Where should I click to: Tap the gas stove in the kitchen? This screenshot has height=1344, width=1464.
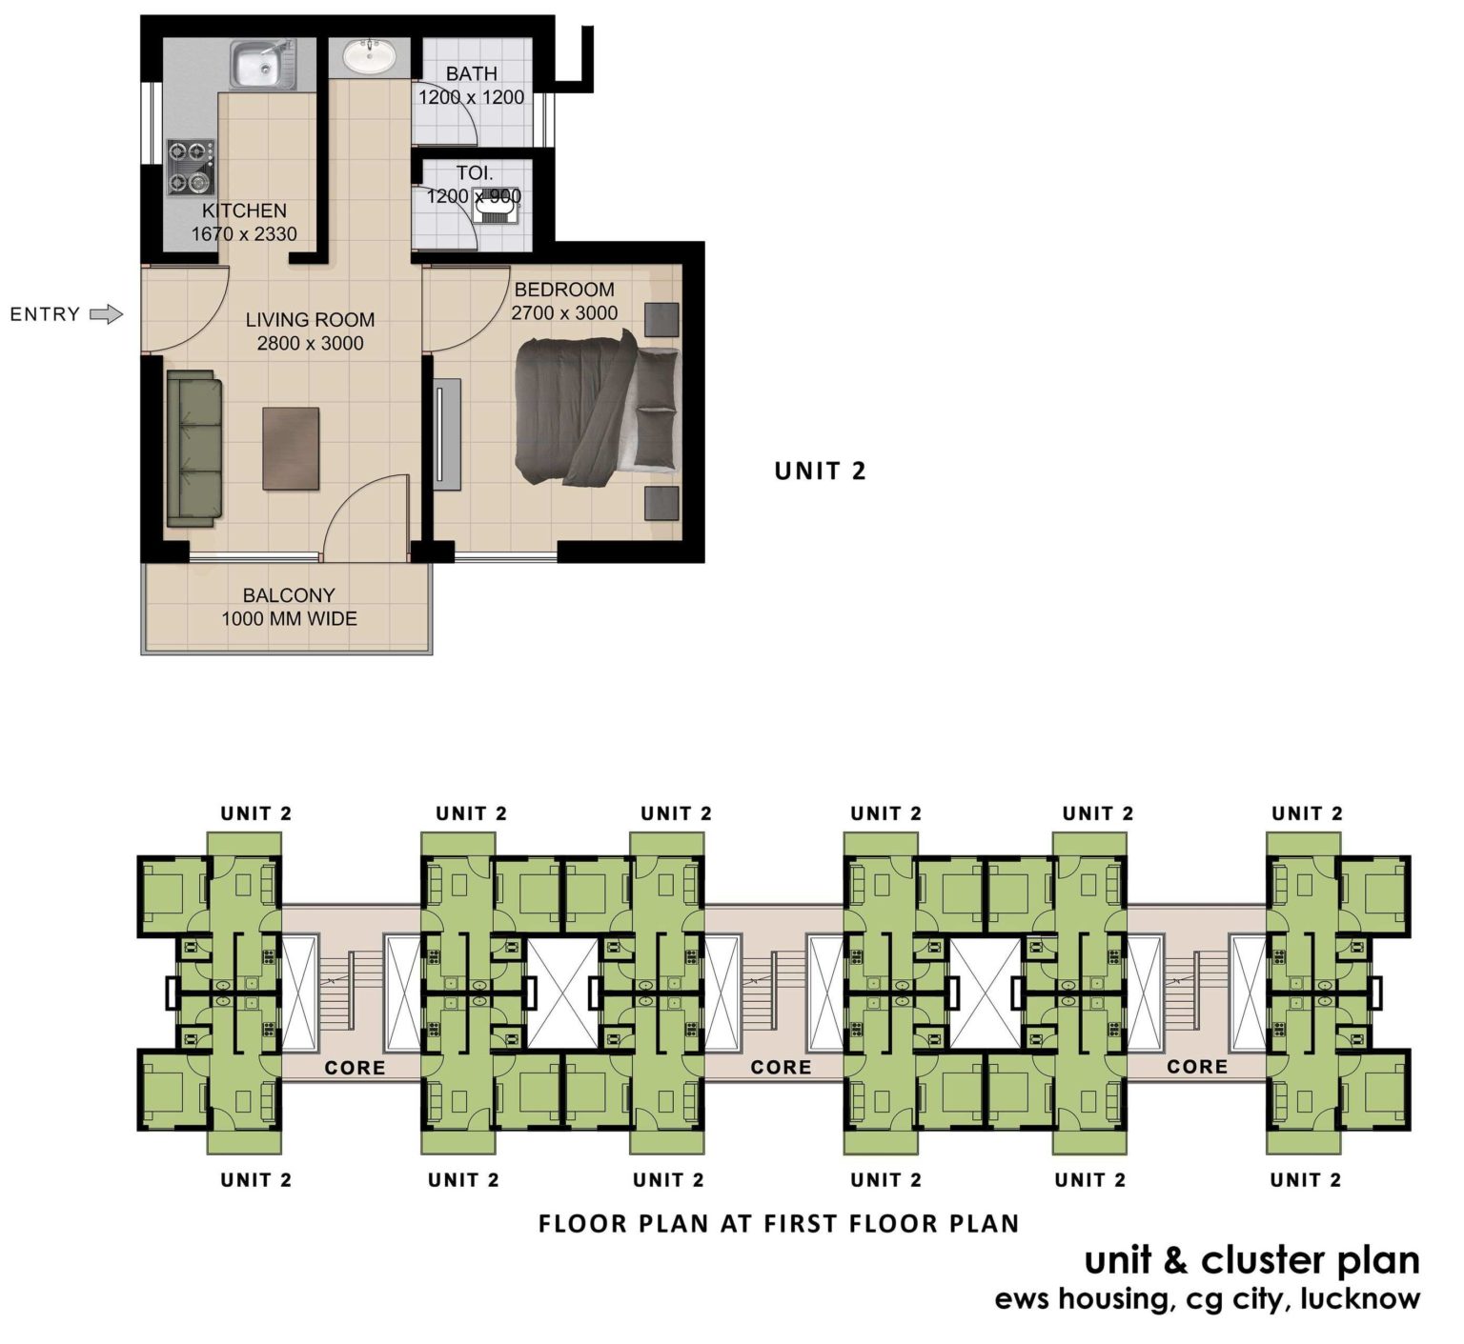coord(190,167)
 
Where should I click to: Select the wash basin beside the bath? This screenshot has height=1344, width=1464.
coord(369,57)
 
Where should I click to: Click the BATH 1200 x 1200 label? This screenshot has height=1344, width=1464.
coord(471,86)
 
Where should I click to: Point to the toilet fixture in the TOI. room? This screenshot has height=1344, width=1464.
coord(496,203)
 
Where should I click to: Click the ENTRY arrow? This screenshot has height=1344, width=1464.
coord(106,314)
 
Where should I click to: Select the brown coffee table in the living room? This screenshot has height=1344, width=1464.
coord(291,449)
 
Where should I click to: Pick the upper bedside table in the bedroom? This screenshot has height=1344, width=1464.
coord(661,319)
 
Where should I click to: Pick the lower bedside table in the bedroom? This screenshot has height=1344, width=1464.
coord(661,503)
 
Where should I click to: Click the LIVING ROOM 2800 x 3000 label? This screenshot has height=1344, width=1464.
coord(310,331)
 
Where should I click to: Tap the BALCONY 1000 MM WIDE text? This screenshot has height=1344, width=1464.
coord(289,607)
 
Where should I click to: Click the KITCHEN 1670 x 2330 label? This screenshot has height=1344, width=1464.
coord(244,222)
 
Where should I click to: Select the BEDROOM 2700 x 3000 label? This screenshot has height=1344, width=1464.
coord(564,301)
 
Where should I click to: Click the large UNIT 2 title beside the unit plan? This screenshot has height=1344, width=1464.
coord(820,471)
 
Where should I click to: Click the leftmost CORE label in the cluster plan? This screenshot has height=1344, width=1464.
coord(355,1068)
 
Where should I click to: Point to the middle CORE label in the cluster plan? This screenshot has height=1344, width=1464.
coord(781,1068)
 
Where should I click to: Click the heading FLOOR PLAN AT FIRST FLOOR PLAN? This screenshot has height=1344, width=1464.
coord(779,1224)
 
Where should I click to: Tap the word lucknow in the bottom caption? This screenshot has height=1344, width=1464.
coord(1360,1298)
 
